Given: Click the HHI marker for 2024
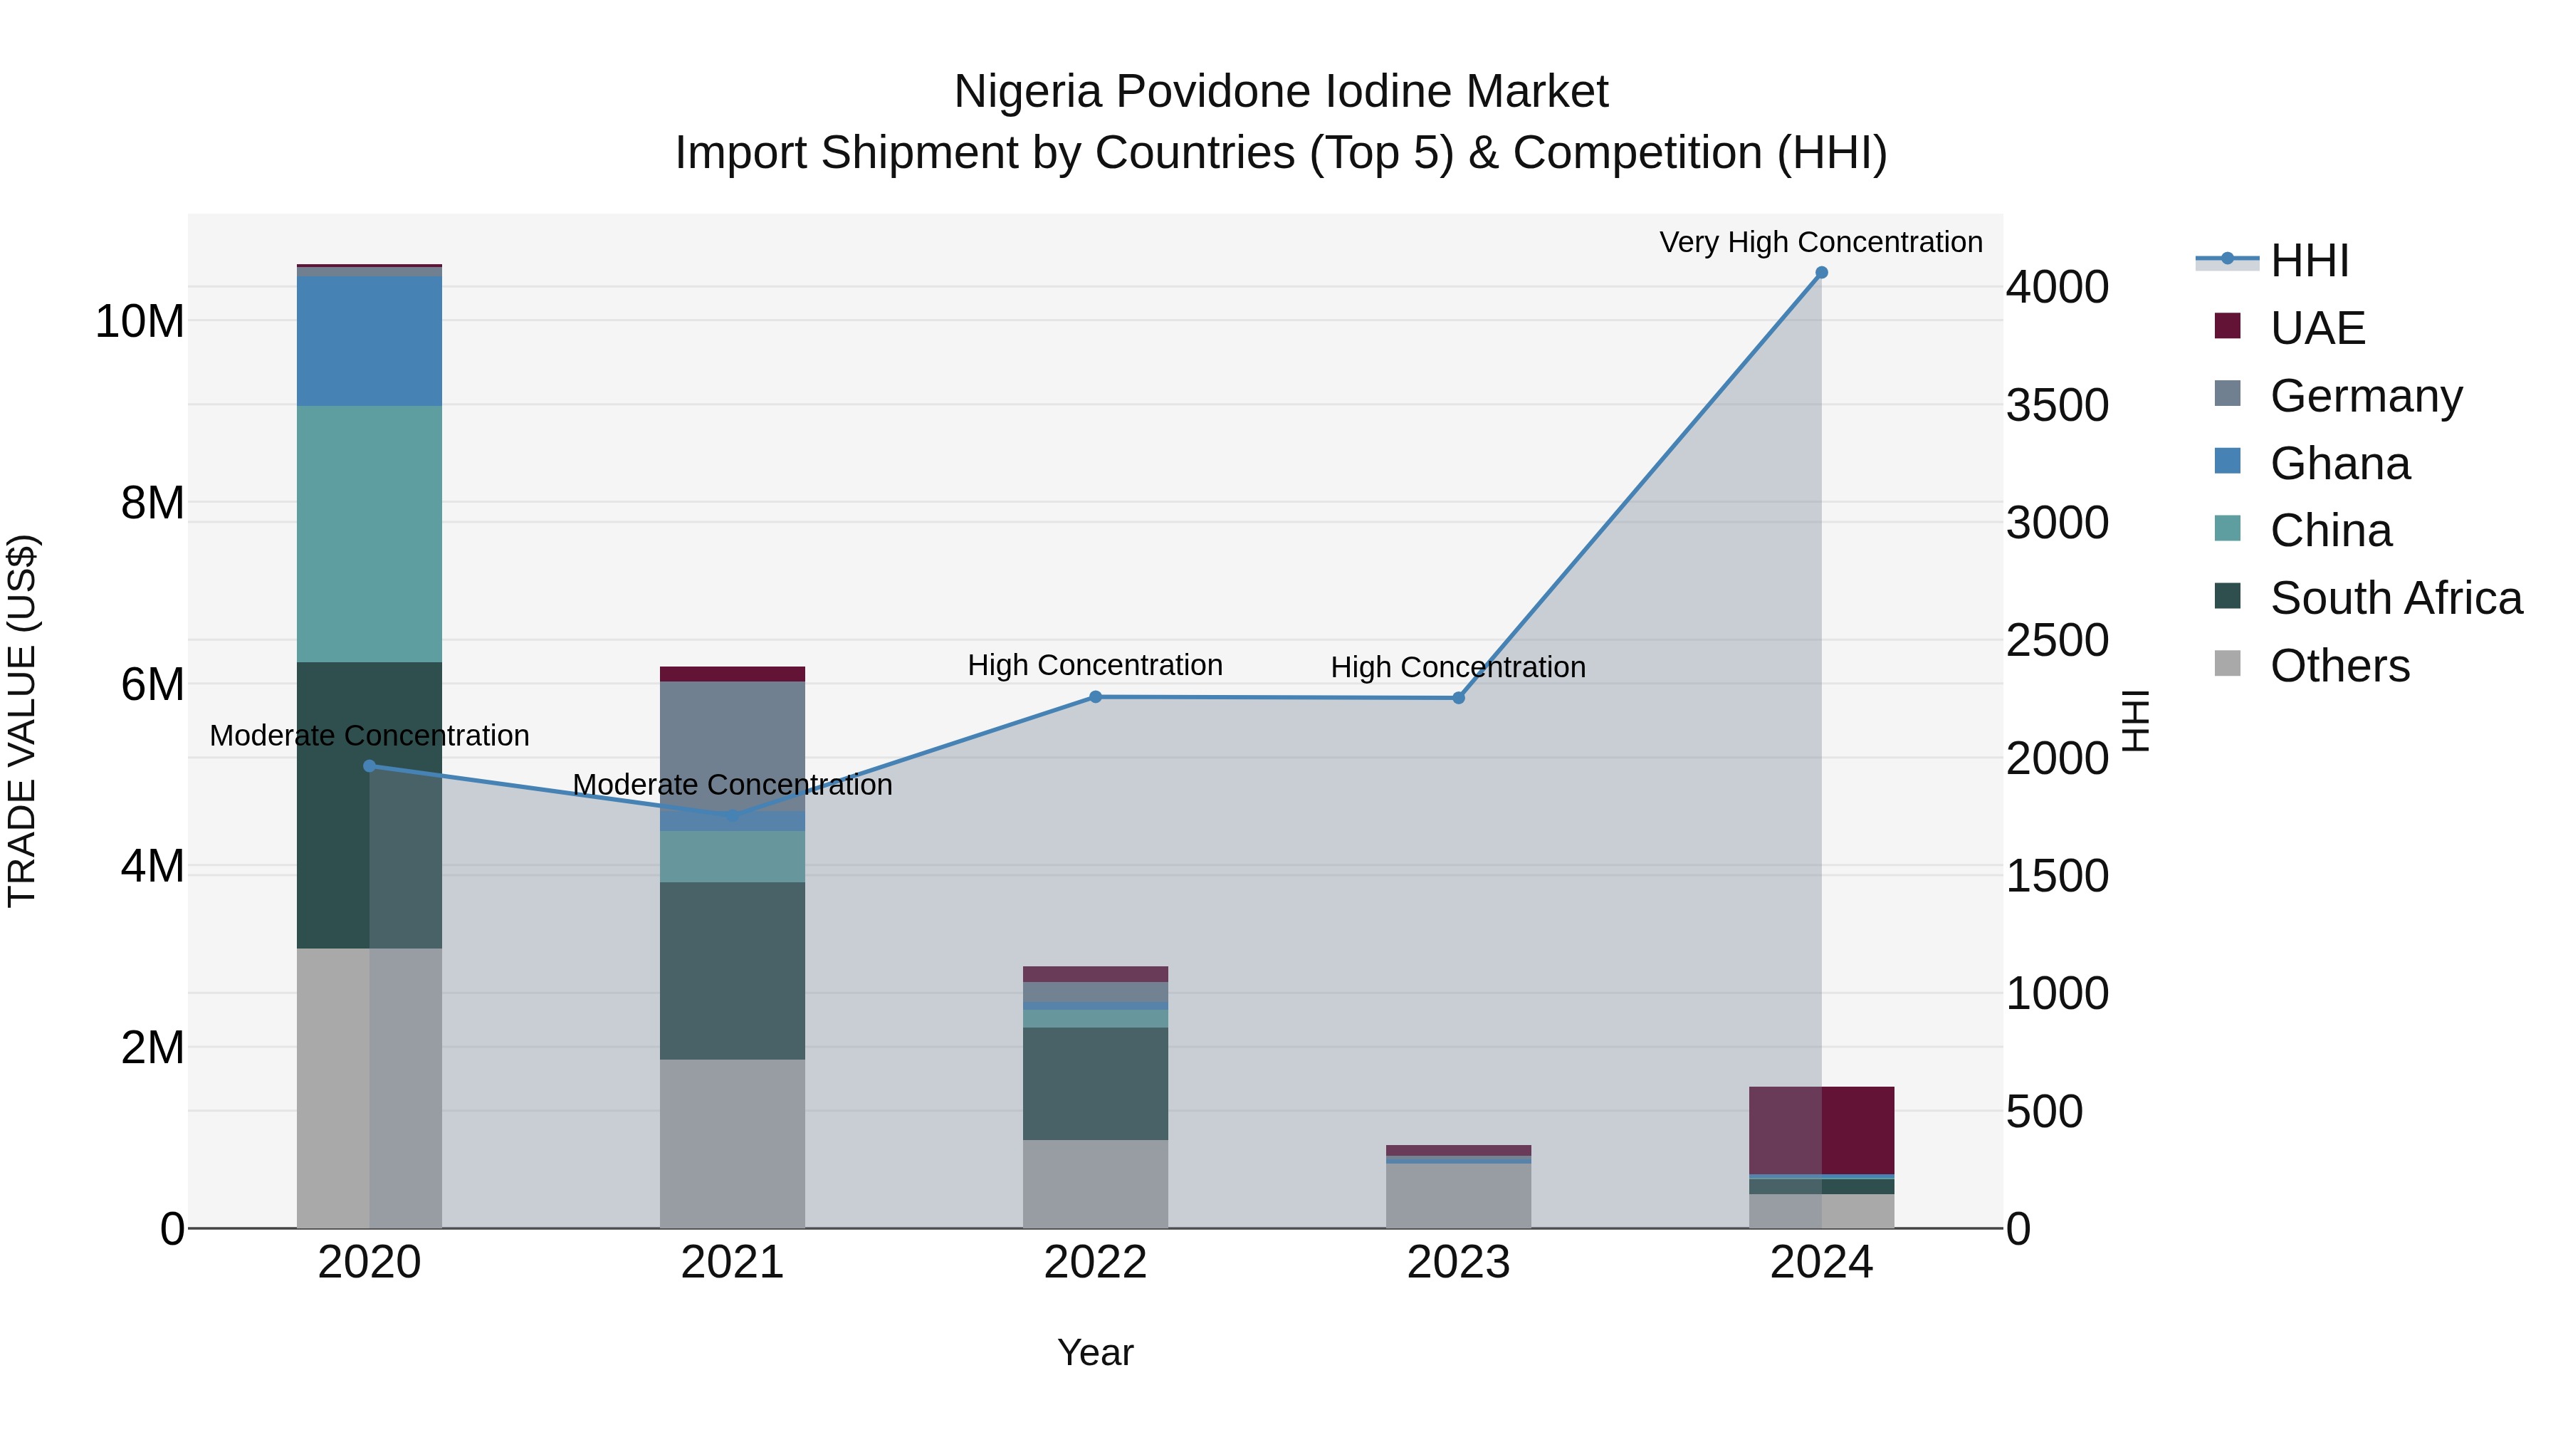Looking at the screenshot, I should coord(1820,273).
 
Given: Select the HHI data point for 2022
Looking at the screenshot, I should coord(1096,696).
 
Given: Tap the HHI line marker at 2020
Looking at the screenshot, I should coord(369,766).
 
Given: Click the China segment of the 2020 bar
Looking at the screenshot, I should coord(369,533).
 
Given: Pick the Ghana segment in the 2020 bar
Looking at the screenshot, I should coord(369,340).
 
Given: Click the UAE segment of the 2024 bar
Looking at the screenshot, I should coord(1820,1129).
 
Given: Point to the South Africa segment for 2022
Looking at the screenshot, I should coord(1096,1082).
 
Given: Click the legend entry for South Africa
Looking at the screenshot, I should coord(2395,598).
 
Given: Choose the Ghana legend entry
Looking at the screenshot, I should coord(2339,464).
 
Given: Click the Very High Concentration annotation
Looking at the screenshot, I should coord(1820,242).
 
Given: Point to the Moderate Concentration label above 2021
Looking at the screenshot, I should coord(733,784).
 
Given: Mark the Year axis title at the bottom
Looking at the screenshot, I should coord(1096,1352).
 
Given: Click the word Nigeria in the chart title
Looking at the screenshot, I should coord(1029,92).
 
